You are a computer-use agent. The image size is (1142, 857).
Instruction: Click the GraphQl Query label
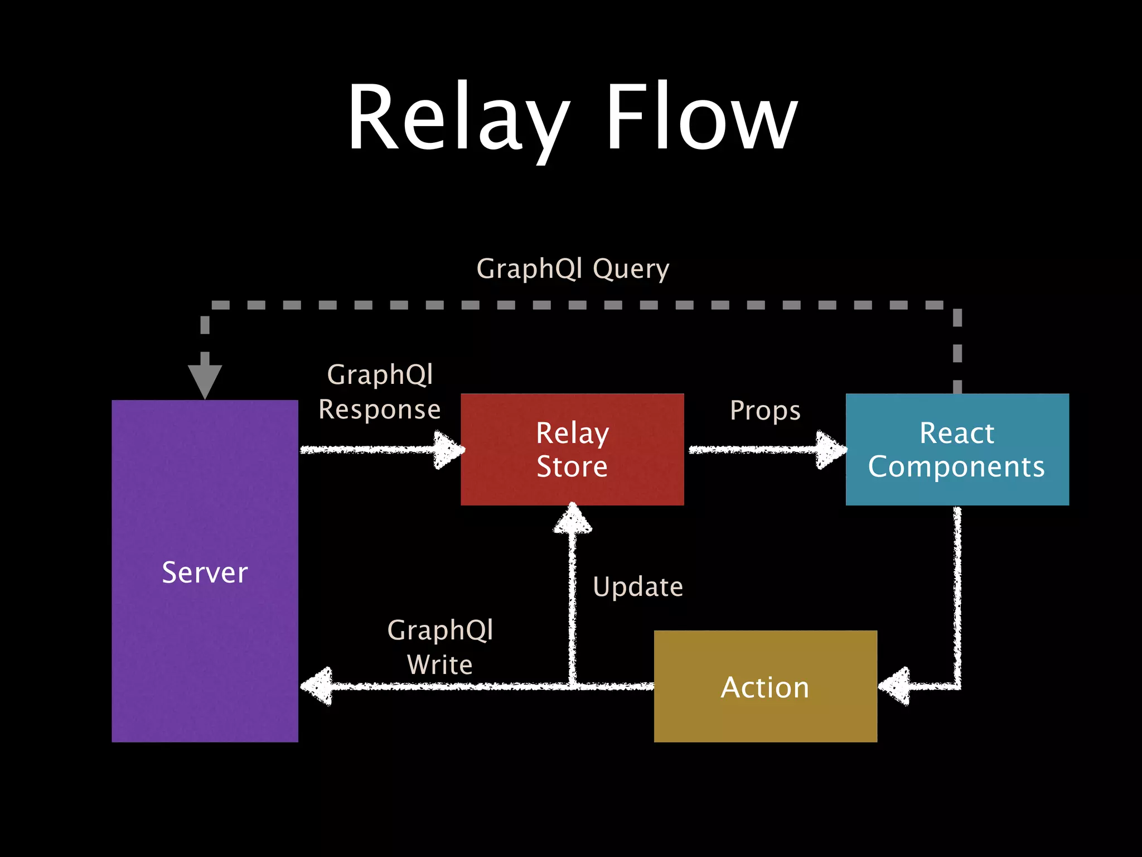(573, 269)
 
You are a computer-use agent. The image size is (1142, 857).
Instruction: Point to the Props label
(765, 411)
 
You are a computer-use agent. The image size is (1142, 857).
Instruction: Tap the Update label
(638, 587)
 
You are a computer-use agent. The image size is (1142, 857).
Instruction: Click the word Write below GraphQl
(440, 665)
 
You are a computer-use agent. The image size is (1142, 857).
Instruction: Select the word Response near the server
(380, 410)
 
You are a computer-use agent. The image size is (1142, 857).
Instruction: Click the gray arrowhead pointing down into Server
(205, 379)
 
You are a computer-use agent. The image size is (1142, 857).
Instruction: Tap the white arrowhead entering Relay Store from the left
(449, 450)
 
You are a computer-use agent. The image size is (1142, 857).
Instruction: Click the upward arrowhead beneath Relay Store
(572, 519)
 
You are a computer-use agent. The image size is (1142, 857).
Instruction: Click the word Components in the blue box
(956, 466)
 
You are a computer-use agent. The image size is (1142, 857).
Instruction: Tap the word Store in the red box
(572, 466)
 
